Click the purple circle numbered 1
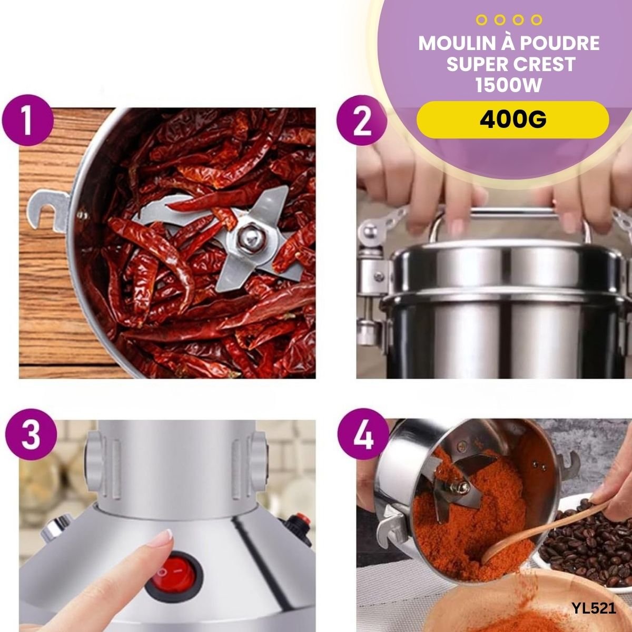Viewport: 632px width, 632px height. tap(27, 120)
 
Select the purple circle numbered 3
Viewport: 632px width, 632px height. tap(31, 434)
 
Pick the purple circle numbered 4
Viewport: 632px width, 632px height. tap(363, 434)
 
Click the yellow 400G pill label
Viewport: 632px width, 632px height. tap(512, 120)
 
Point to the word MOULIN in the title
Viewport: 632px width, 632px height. tap(457, 43)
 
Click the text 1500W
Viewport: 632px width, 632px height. tap(509, 85)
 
